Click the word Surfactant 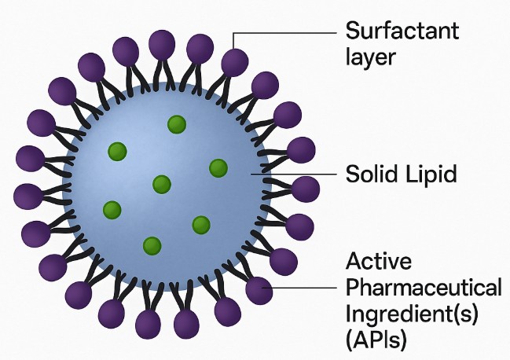point(402,31)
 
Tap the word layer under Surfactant point(370,57)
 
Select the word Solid point(372,174)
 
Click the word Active point(379,261)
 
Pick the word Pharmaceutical point(424,288)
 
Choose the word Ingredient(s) point(412,314)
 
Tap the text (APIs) point(376,340)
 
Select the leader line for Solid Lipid point(294,174)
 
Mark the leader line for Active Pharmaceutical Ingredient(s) point(299,288)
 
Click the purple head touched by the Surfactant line point(235,62)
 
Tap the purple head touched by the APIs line point(259,290)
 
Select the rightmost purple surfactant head point(306,189)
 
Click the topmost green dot point(177,124)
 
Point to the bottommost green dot point(152,246)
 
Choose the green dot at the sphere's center point(162,185)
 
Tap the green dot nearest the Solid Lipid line point(218,168)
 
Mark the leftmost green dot point(112,210)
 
